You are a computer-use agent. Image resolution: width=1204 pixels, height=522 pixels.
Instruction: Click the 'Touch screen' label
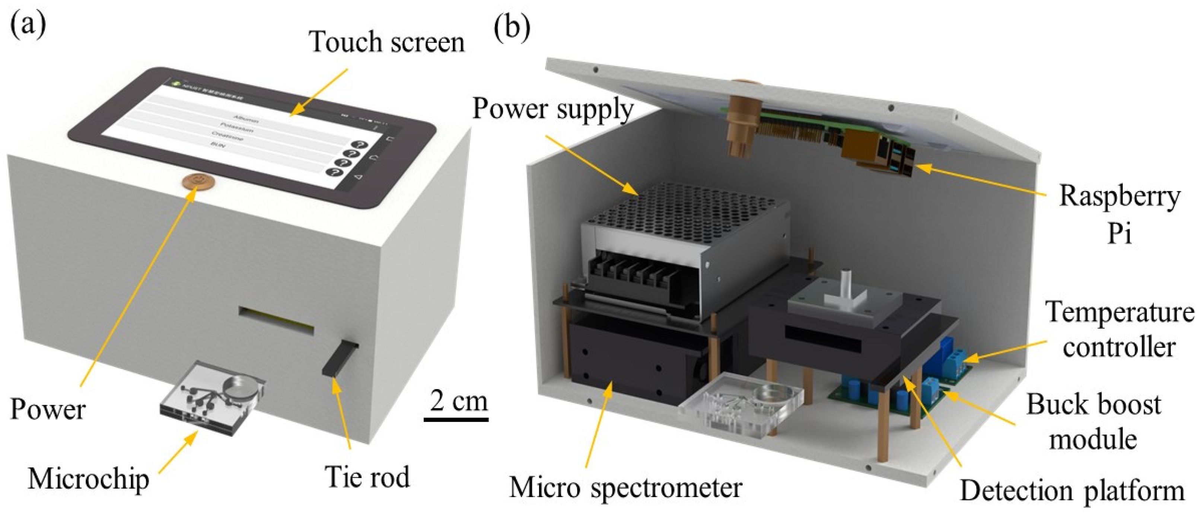point(387,42)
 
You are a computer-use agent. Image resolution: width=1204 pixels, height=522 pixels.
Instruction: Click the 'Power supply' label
point(553,108)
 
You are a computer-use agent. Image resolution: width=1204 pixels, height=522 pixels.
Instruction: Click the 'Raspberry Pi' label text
point(1119,213)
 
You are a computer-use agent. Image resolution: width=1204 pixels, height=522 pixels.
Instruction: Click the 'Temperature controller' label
point(1119,330)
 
